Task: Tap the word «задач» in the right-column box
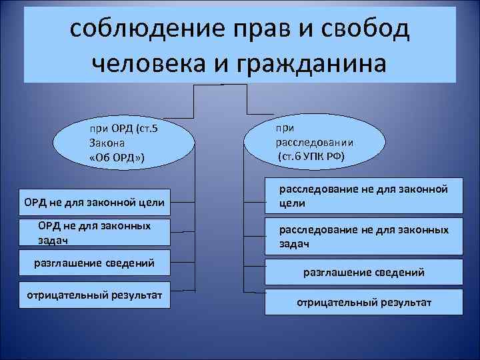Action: coord(294,245)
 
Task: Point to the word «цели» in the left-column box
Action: coord(150,201)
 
